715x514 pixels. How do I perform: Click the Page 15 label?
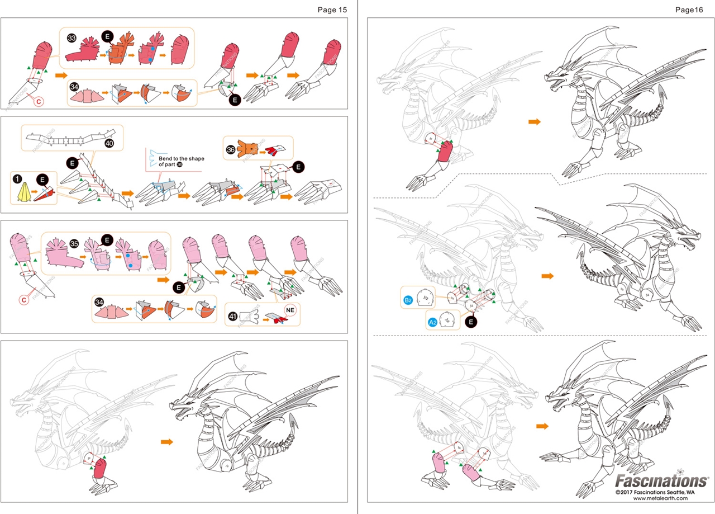332,9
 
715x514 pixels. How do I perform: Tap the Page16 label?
689,9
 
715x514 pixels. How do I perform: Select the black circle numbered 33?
72,37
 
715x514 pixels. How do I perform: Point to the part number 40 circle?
109,144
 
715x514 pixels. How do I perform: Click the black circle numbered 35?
74,243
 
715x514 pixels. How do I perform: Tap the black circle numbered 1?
19,178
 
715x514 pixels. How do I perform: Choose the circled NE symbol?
289,309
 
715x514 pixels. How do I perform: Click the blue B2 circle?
408,300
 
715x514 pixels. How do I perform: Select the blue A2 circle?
433,322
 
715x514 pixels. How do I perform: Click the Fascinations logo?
661,481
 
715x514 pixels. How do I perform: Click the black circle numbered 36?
231,149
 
